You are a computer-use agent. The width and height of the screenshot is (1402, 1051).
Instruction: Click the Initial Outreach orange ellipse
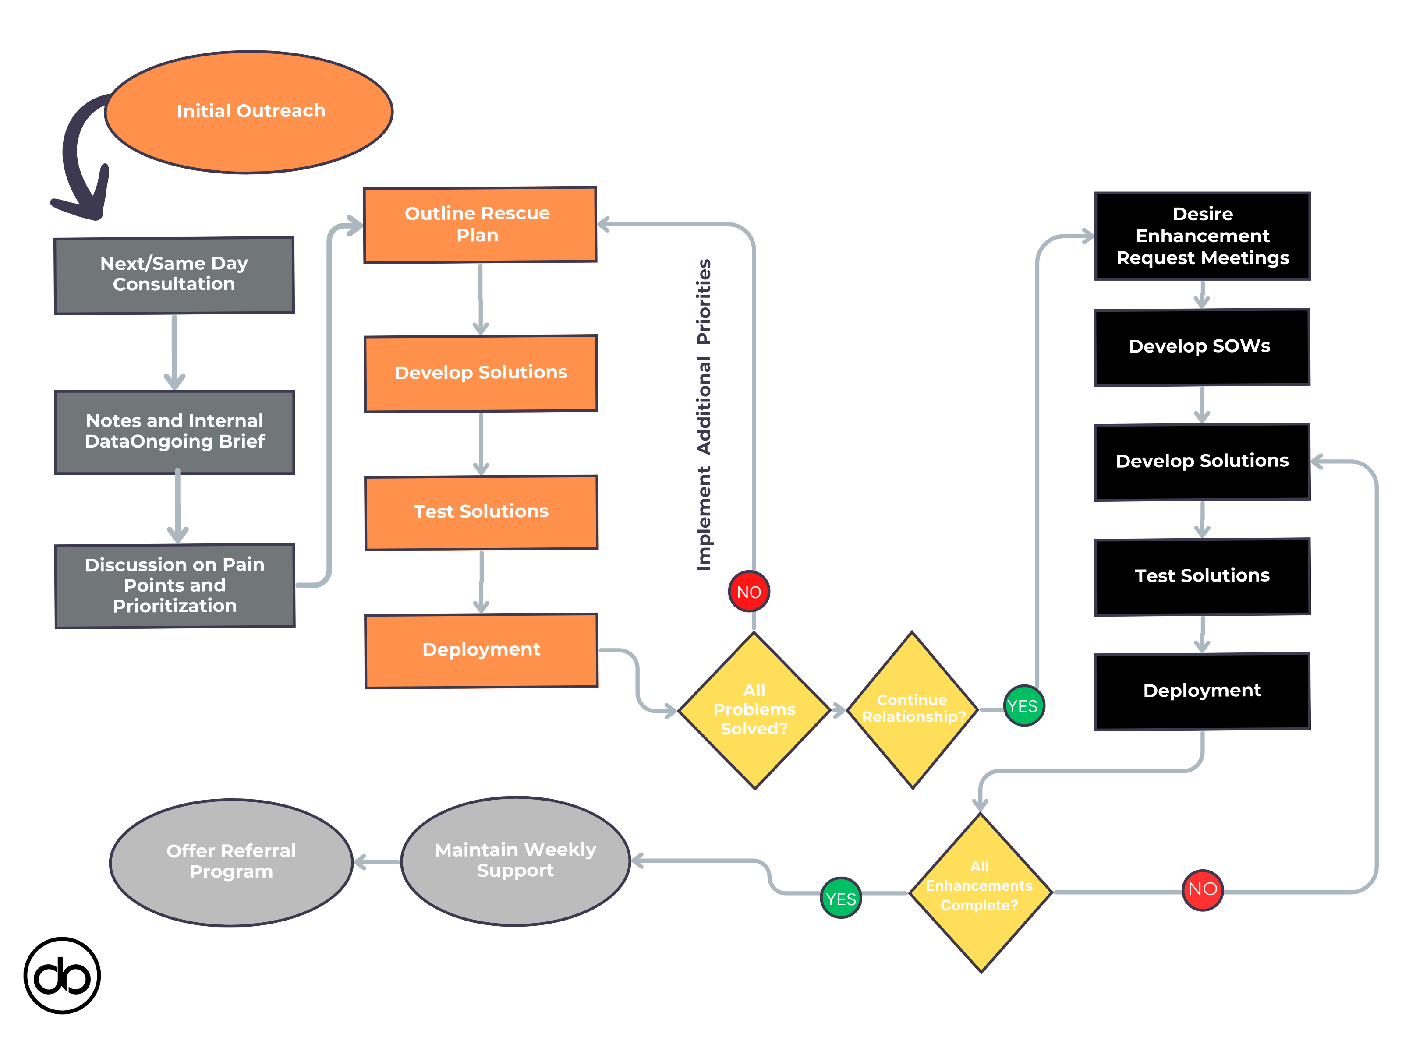[249, 112]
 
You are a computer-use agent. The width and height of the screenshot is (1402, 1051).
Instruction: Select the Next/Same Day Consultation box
[174, 275]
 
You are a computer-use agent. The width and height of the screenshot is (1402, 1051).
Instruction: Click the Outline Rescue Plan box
[480, 224]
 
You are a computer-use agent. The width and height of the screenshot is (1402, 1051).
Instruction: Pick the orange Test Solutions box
[481, 512]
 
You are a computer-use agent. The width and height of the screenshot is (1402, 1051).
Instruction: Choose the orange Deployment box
[481, 650]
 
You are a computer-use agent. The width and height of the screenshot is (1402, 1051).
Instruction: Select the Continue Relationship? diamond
[912, 709]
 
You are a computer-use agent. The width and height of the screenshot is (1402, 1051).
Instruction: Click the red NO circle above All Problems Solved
[749, 592]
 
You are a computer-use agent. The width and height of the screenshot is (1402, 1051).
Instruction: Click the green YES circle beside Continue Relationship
[1023, 706]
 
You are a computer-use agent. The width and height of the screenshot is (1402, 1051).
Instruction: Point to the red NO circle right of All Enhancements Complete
[1202, 889]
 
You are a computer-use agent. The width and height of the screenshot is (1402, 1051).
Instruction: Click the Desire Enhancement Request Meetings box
[1202, 236]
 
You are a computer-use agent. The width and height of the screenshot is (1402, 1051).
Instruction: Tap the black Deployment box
[1202, 691]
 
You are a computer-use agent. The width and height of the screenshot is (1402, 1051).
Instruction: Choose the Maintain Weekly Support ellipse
[515, 861]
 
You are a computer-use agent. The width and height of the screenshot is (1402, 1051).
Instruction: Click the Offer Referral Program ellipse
[231, 861]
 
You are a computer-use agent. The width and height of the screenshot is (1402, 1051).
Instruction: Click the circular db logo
[62, 976]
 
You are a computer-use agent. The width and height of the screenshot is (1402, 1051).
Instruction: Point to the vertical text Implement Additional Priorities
[704, 415]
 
